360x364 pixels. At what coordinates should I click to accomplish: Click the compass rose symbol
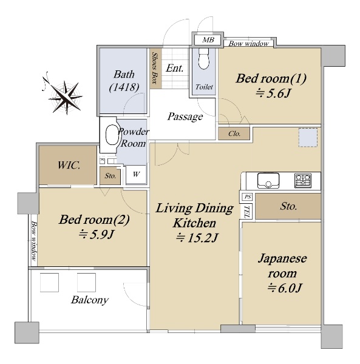pyautogui.click(x=65, y=96)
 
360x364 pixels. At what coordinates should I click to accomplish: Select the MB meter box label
pyautogui.click(x=208, y=40)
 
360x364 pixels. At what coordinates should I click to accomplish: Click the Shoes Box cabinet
pyautogui.click(x=155, y=68)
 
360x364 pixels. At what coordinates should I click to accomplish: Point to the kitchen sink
pyautogui.click(x=268, y=180)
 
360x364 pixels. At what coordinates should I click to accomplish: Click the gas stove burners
pyautogui.click(x=303, y=180)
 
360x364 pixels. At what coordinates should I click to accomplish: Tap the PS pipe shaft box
pyautogui.click(x=247, y=197)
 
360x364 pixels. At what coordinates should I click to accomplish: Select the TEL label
pyautogui.click(x=247, y=211)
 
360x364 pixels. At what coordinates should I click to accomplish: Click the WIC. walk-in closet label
pyautogui.click(x=69, y=165)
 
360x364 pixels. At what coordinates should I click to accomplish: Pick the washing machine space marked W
pyautogui.click(x=136, y=175)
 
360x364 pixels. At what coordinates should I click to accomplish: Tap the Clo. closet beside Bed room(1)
pyautogui.click(x=234, y=133)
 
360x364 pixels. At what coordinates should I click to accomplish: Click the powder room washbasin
pyautogui.click(x=112, y=135)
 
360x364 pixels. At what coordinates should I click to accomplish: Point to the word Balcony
pyautogui.click(x=90, y=300)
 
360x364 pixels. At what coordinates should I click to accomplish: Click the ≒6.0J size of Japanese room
pyautogui.click(x=285, y=288)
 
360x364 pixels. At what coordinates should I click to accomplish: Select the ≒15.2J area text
pyautogui.click(x=197, y=238)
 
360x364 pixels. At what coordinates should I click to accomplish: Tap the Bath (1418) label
pyautogui.click(x=124, y=81)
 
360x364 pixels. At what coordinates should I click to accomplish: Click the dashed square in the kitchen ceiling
pyautogui.click(x=308, y=138)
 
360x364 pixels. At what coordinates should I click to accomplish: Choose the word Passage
pyautogui.click(x=185, y=116)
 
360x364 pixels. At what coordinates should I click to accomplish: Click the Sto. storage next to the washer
pyautogui.click(x=110, y=176)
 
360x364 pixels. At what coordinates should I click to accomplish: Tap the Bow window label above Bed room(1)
pyautogui.click(x=248, y=44)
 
